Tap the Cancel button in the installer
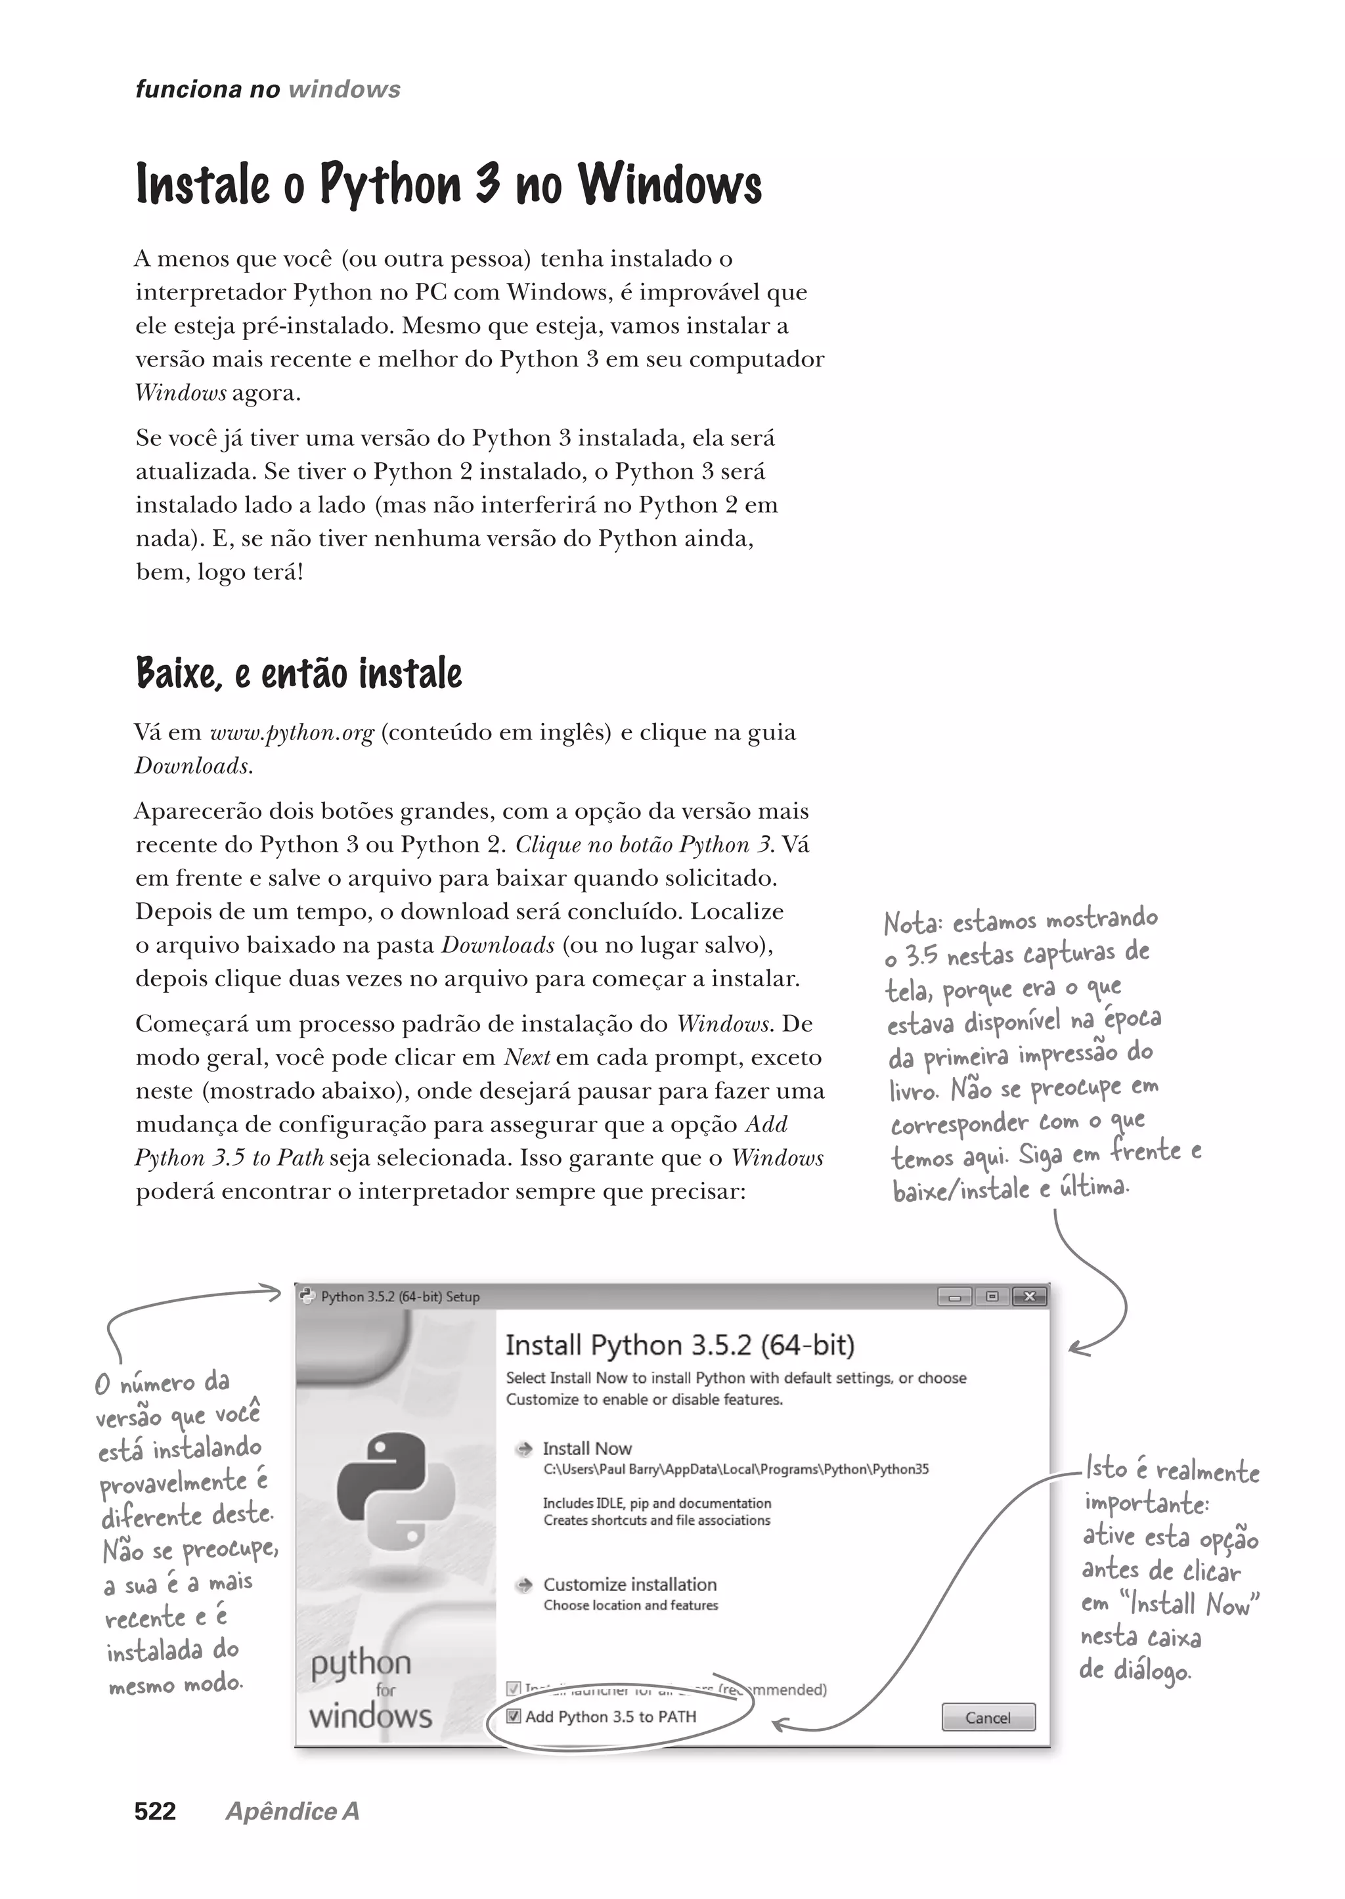pos(987,1718)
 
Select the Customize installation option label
pos(629,1584)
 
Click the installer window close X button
pos(1030,1297)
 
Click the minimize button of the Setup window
pos(955,1297)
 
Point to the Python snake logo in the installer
pos(395,1491)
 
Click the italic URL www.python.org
pos(292,733)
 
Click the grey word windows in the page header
pos(345,89)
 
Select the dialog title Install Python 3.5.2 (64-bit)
pos(679,1345)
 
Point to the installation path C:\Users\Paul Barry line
pos(736,1469)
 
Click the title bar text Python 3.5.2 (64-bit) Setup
pos(400,1297)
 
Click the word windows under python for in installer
pos(370,1715)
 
